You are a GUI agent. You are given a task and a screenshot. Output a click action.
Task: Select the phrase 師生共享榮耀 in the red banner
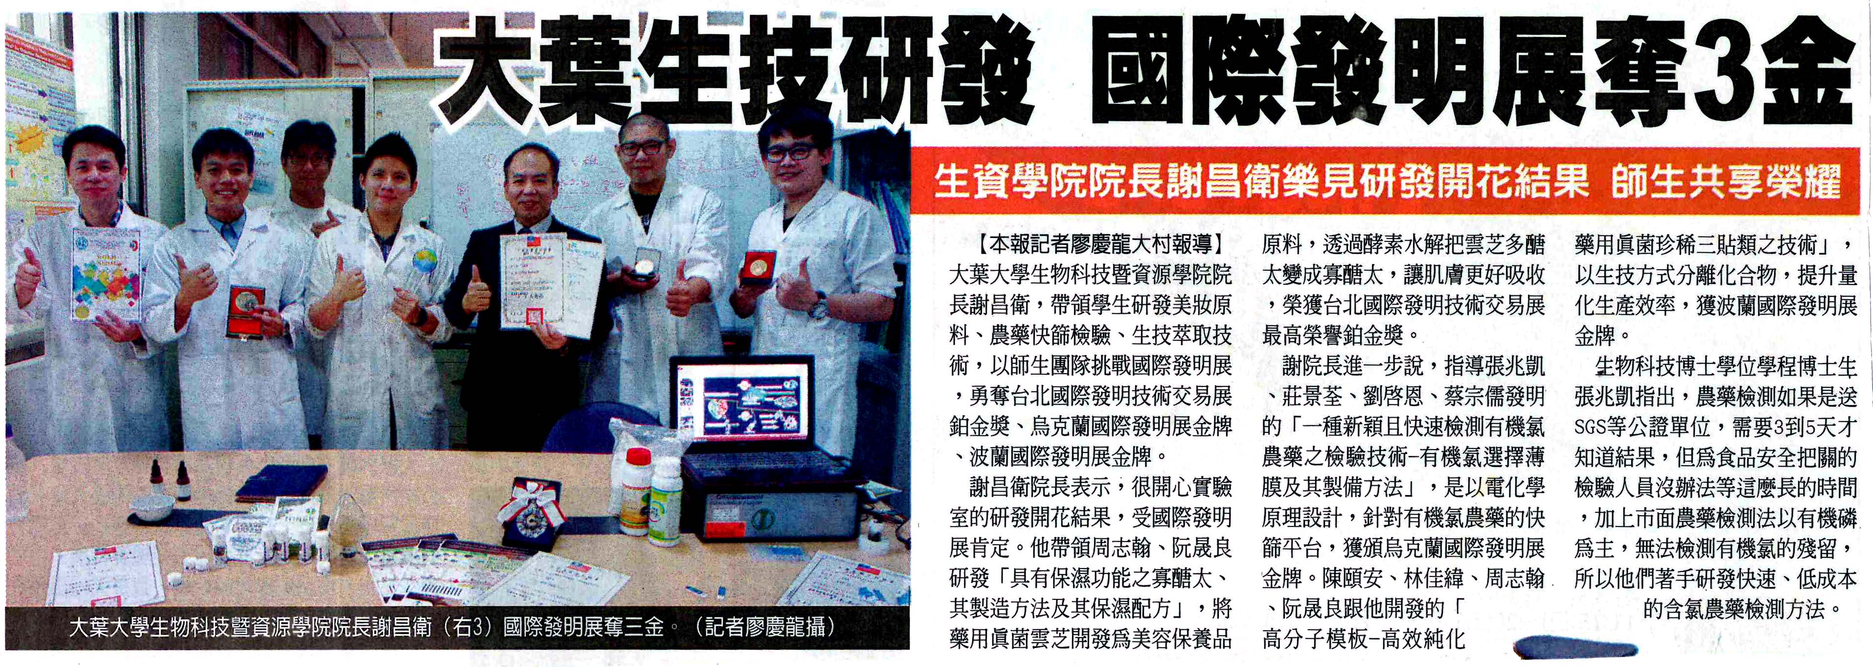click(1725, 181)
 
